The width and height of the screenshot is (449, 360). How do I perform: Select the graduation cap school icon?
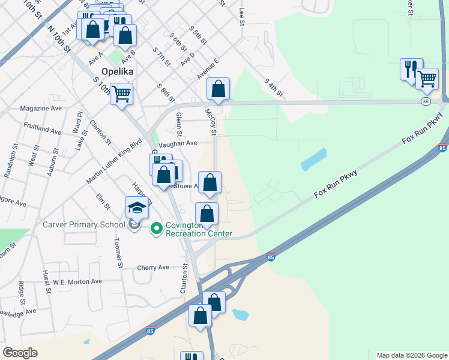137,208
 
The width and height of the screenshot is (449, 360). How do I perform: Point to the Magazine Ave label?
41,109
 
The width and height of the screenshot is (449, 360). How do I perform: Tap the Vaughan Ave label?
178,143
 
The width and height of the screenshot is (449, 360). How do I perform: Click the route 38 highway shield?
425,102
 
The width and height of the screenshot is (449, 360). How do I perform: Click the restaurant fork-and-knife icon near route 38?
411,68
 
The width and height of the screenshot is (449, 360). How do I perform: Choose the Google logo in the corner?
20,353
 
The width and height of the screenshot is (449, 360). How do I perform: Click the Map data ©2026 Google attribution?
412,355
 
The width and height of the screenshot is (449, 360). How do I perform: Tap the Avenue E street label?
208,69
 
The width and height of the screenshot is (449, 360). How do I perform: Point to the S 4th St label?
273,88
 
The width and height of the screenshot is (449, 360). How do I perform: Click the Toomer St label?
118,253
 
